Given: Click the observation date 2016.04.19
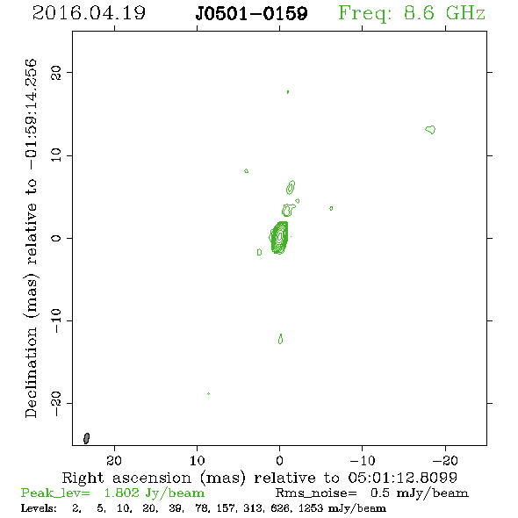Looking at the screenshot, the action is (89, 13).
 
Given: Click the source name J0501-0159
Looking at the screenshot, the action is (251, 14).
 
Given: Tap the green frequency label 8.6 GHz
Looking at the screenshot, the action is (444, 13).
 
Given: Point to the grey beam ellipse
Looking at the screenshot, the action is (87, 438).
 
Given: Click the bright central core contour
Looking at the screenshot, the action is (279, 237).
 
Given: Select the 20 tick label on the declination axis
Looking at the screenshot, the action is (56, 72).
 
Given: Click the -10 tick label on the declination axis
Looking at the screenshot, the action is (56, 320).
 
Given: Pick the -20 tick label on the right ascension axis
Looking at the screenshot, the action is (445, 460).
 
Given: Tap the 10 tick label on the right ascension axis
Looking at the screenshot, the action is (198, 460).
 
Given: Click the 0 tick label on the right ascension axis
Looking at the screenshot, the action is (279, 460).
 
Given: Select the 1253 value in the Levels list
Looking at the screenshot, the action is (311, 507).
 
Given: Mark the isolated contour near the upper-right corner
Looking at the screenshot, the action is (430, 130).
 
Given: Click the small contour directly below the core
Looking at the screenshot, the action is (280, 339).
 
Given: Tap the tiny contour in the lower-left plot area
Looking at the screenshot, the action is (208, 394).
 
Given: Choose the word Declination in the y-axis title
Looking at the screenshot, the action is (31, 372).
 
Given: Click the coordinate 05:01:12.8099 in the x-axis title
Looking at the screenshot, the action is (402, 478).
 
